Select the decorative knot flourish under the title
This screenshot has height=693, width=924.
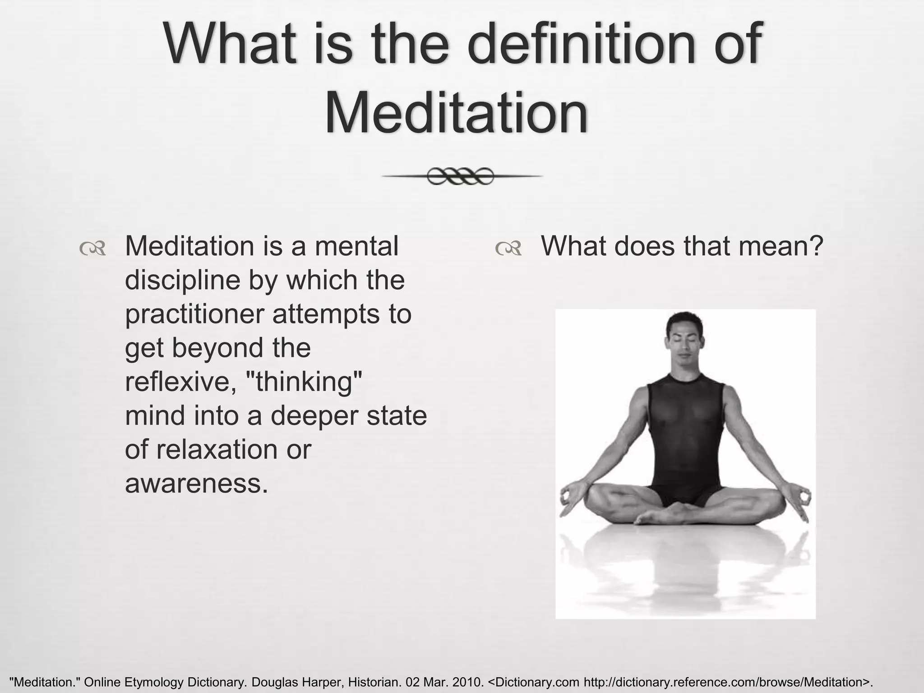pyautogui.click(x=461, y=176)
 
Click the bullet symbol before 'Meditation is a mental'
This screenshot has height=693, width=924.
pyautogui.click(x=92, y=248)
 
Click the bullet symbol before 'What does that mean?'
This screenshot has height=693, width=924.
pyautogui.click(x=508, y=248)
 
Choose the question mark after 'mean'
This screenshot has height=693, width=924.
pyautogui.click(x=816, y=246)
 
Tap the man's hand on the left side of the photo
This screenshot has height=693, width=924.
pyautogui.click(x=569, y=499)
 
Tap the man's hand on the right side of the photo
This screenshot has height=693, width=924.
pyautogui.click(x=801, y=500)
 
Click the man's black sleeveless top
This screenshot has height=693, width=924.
pyautogui.click(x=685, y=433)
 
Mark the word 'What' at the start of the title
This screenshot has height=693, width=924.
pyautogui.click(x=230, y=45)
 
